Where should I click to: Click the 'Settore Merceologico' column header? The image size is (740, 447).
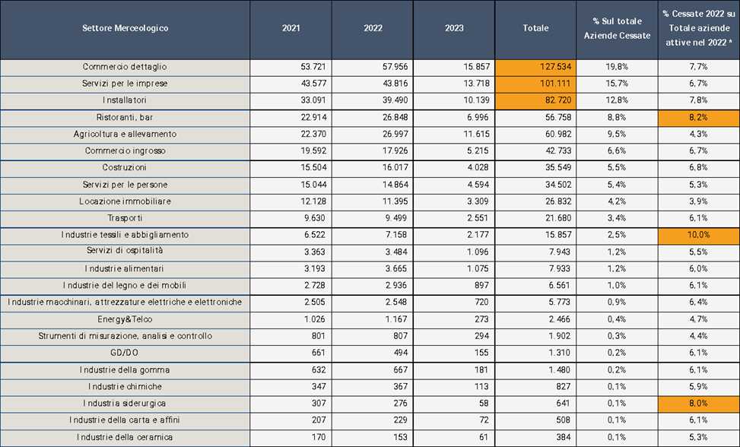pyautogui.click(x=125, y=28)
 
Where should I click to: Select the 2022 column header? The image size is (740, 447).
pyautogui.click(x=373, y=28)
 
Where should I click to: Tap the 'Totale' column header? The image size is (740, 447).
pyautogui.click(x=535, y=28)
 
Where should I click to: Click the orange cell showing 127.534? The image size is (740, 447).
pyautogui.click(x=535, y=67)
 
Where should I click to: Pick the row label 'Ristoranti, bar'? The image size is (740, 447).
pyautogui.click(x=125, y=117)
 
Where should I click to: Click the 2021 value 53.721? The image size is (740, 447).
pyautogui.click(x=313, y=67)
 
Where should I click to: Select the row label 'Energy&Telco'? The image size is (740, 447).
pyautogui.click(x=125, y=319)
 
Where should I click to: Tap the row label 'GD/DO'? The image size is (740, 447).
pyautogui.click(x=125, y=353)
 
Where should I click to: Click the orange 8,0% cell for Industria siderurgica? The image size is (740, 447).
pyautogui.click(x=699, y=404)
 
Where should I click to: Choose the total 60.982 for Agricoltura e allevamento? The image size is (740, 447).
pyautogui.click(x=558, y=135)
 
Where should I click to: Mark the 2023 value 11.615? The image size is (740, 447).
pyautogui.click(x=477, y=135)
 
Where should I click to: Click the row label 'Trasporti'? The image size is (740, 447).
pyautogui.click(x=125, y=218)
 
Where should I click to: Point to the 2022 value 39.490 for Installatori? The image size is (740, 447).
pyautogui.click(x=395, y=100)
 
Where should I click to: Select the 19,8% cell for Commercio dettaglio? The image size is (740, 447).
pyautogui.click(x=617, y=67)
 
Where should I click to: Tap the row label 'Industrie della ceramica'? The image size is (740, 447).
pyautogui.click(x=125, y=437)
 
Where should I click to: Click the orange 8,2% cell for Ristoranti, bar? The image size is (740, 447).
pyautogui.click(x=699, y=117)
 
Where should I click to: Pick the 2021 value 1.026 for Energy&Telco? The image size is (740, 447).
pyautogui.click(x=315, y=319)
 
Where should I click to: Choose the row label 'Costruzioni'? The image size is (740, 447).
pyautogui.click(x=125, y=168)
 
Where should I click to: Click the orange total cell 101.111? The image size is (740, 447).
pyautogui.click(x=535, y=84)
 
